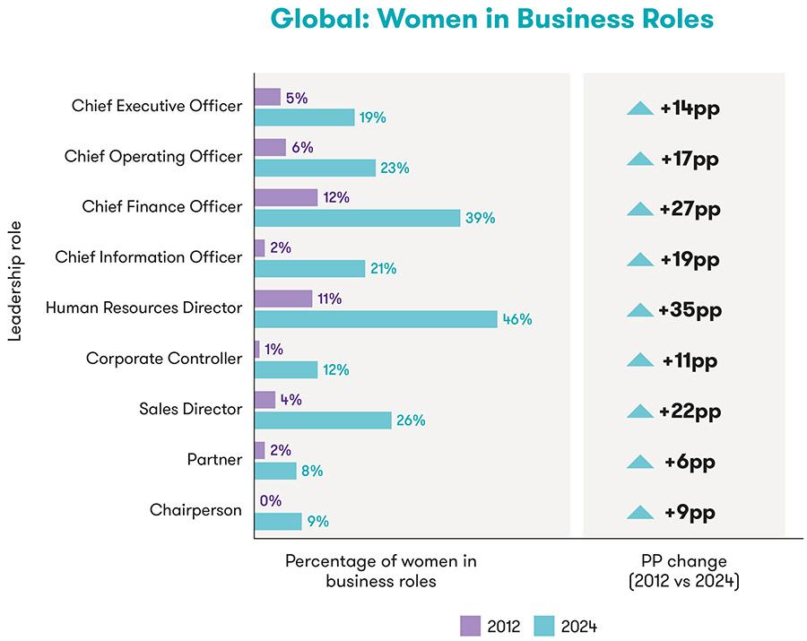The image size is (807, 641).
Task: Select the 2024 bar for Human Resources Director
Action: click(376, 319)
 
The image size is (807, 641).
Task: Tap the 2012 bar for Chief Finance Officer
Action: click(286, 197)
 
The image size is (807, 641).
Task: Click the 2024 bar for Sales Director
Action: click(323, 420)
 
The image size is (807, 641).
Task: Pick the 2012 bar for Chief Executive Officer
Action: click(267, 97)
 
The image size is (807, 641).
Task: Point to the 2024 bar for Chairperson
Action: click(278, 521)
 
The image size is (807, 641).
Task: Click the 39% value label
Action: click(480, 218)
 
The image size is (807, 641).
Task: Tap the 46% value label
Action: click(517, 319)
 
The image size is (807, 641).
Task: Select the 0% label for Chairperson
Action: click(271, 501)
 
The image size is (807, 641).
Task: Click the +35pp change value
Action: click(690, 310)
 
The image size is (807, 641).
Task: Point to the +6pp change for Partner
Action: click(690, 462)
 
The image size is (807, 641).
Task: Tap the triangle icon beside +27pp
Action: click(640, 209)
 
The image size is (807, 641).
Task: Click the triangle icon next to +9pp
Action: click(640, 513)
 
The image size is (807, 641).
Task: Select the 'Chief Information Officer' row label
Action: click(148, 257)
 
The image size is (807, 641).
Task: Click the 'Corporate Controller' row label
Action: click(164, 359)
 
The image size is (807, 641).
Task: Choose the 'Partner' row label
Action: click(215, 460)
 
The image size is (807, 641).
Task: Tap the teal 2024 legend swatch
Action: click(545, 626)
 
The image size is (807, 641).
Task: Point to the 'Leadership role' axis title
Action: click(14, 283)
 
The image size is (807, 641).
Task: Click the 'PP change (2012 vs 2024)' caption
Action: click(684, 571)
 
